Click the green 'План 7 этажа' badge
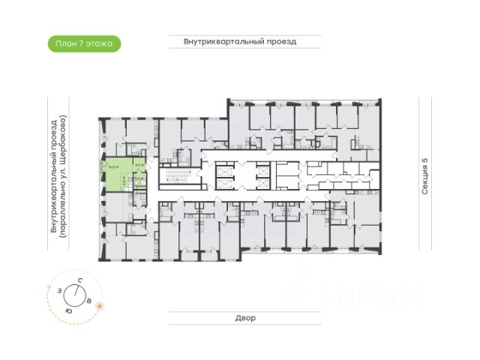click(x=83, y=43)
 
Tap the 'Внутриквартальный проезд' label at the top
click(x=240, y=42)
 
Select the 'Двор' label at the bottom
click(x=240, y=318)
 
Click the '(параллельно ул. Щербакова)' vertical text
click(x=64, y=176)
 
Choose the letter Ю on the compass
click(x=69, y=310)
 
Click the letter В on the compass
click(x=89, y=300)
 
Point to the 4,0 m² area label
click(x=139, y=166)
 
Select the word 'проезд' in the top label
click(x=280, y=42)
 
